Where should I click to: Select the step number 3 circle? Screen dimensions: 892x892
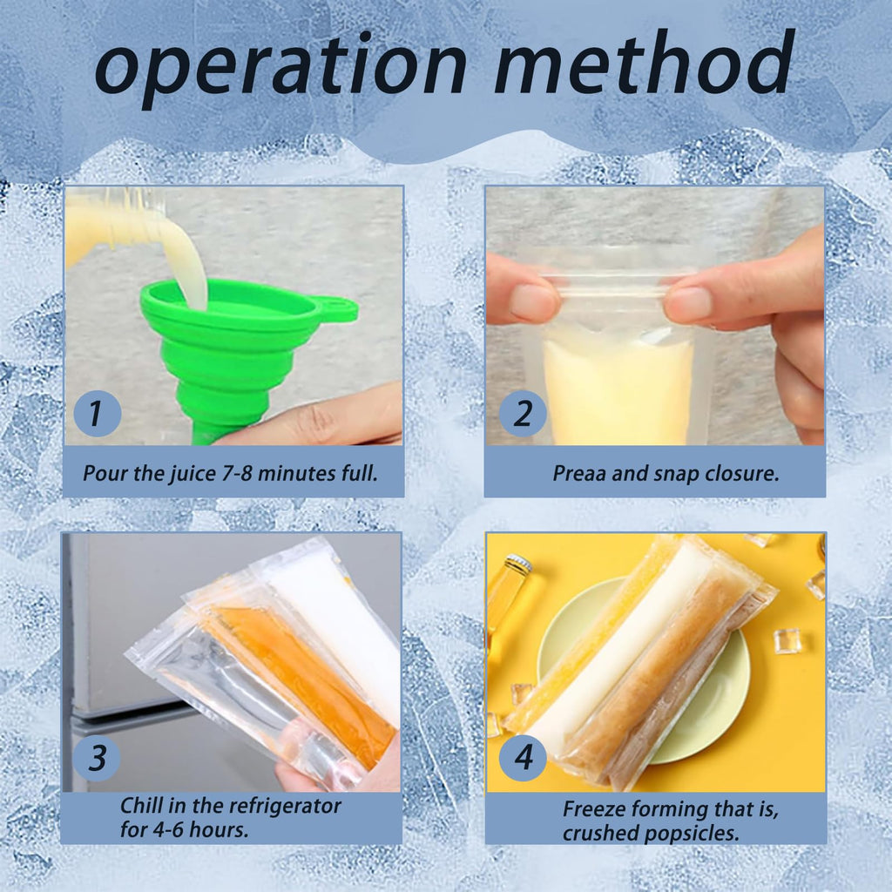(97, 758)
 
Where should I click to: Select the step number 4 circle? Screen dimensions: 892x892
(523, 758)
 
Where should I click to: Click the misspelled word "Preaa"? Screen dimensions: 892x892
(578, 474)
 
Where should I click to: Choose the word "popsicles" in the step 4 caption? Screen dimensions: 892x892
(692, 832)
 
